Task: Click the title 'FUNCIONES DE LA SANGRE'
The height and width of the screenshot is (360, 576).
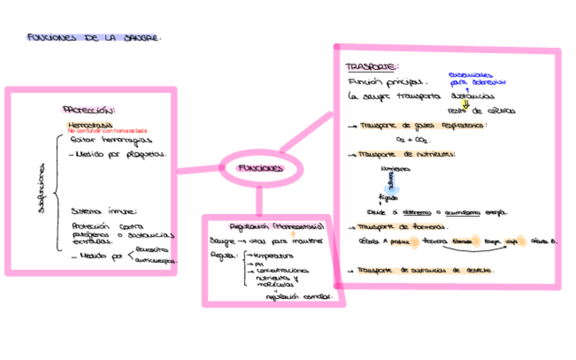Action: (x=94, y=38)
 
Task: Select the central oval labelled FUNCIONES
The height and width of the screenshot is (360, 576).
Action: (x=260, y=168)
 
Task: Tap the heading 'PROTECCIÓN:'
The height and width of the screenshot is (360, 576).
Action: (x=89, y=109)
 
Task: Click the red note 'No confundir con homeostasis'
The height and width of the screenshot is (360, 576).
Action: (x=107, y=130)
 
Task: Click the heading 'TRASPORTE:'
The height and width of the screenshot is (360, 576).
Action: (x=372, y=67)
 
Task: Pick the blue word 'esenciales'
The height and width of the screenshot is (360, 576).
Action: (x=471, y=75)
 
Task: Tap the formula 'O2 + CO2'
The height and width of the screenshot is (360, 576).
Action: (x=411, y=139)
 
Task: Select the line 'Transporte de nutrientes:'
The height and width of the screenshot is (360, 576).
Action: (x=406, y=154)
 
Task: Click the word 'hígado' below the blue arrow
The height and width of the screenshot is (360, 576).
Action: (x=389, y=198)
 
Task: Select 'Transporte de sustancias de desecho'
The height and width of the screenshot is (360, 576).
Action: (x=425, y=270)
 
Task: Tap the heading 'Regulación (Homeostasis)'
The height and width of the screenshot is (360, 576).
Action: (x=276, y=226)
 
